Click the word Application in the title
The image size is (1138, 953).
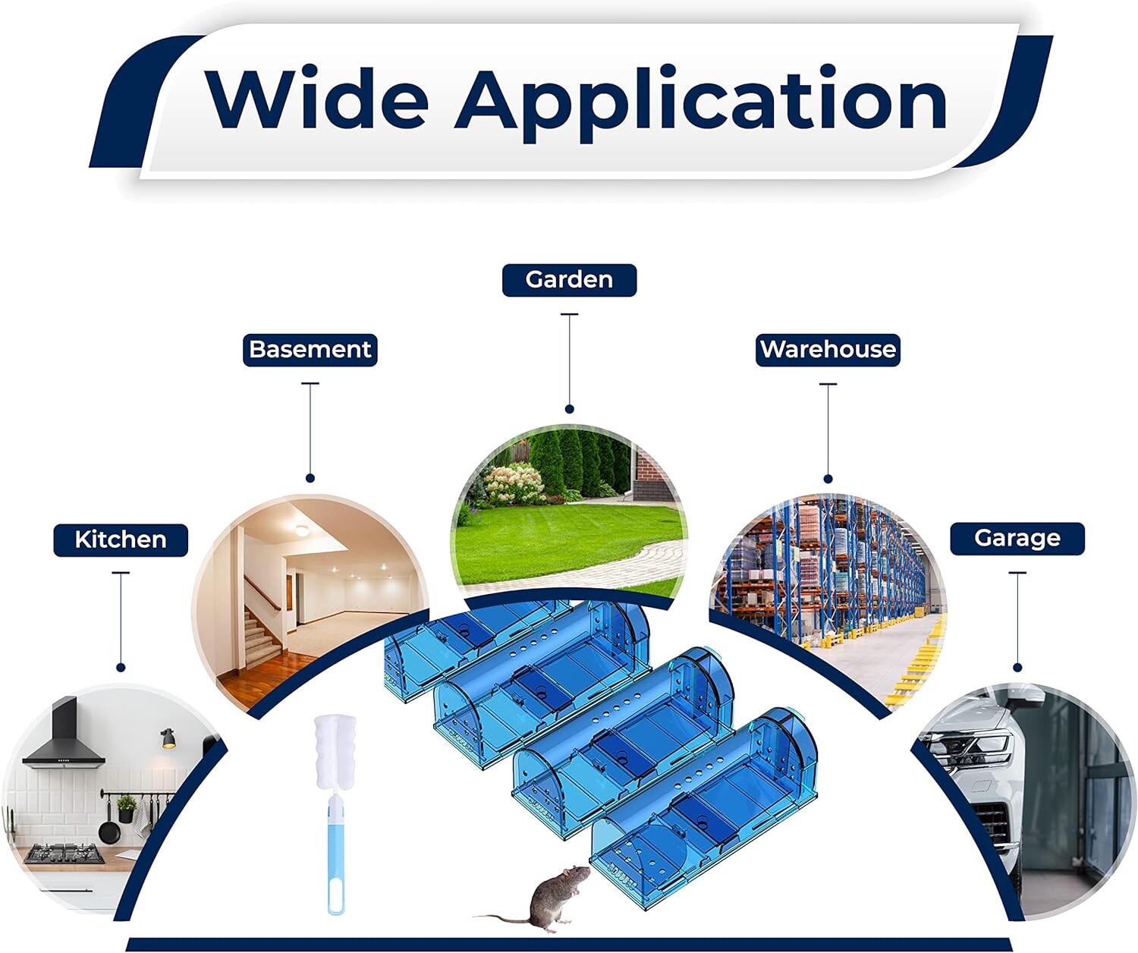(x=700, y=104)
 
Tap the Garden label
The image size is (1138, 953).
(x=569, y=280)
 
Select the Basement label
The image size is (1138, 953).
(x=310, y=350)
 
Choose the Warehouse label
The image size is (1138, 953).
(x=828, y=350)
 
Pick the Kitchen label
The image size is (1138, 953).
(x=121, y=539)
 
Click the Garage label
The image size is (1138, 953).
(x=1017, y=539)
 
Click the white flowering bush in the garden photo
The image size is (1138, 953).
(x=514, y=483)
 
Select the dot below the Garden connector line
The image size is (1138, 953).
(x=570, y=409)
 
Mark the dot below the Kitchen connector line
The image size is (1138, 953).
(x=121, y=667)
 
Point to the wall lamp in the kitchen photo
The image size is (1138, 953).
(x=168, y=738)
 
